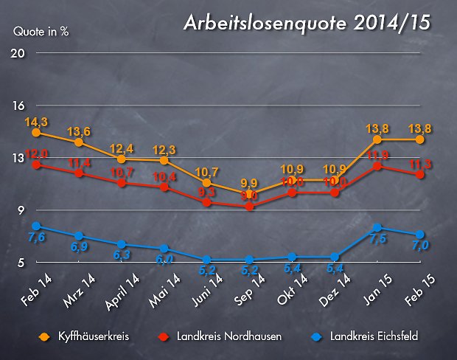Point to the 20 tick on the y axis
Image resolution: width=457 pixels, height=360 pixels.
18,54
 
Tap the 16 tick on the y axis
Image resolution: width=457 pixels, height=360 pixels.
18,105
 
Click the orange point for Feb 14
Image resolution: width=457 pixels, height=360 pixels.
35,132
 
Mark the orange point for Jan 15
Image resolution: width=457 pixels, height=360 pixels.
377,139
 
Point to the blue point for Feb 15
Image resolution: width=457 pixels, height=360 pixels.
420,235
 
